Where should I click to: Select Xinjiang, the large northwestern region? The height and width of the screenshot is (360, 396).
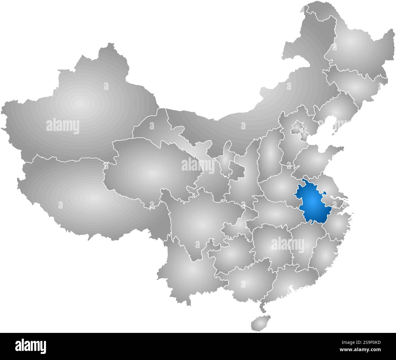click(x=79, y=104)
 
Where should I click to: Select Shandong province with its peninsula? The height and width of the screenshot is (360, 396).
click(x=317, y=158)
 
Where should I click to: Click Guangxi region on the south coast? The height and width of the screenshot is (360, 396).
click(x=247, y=280)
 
